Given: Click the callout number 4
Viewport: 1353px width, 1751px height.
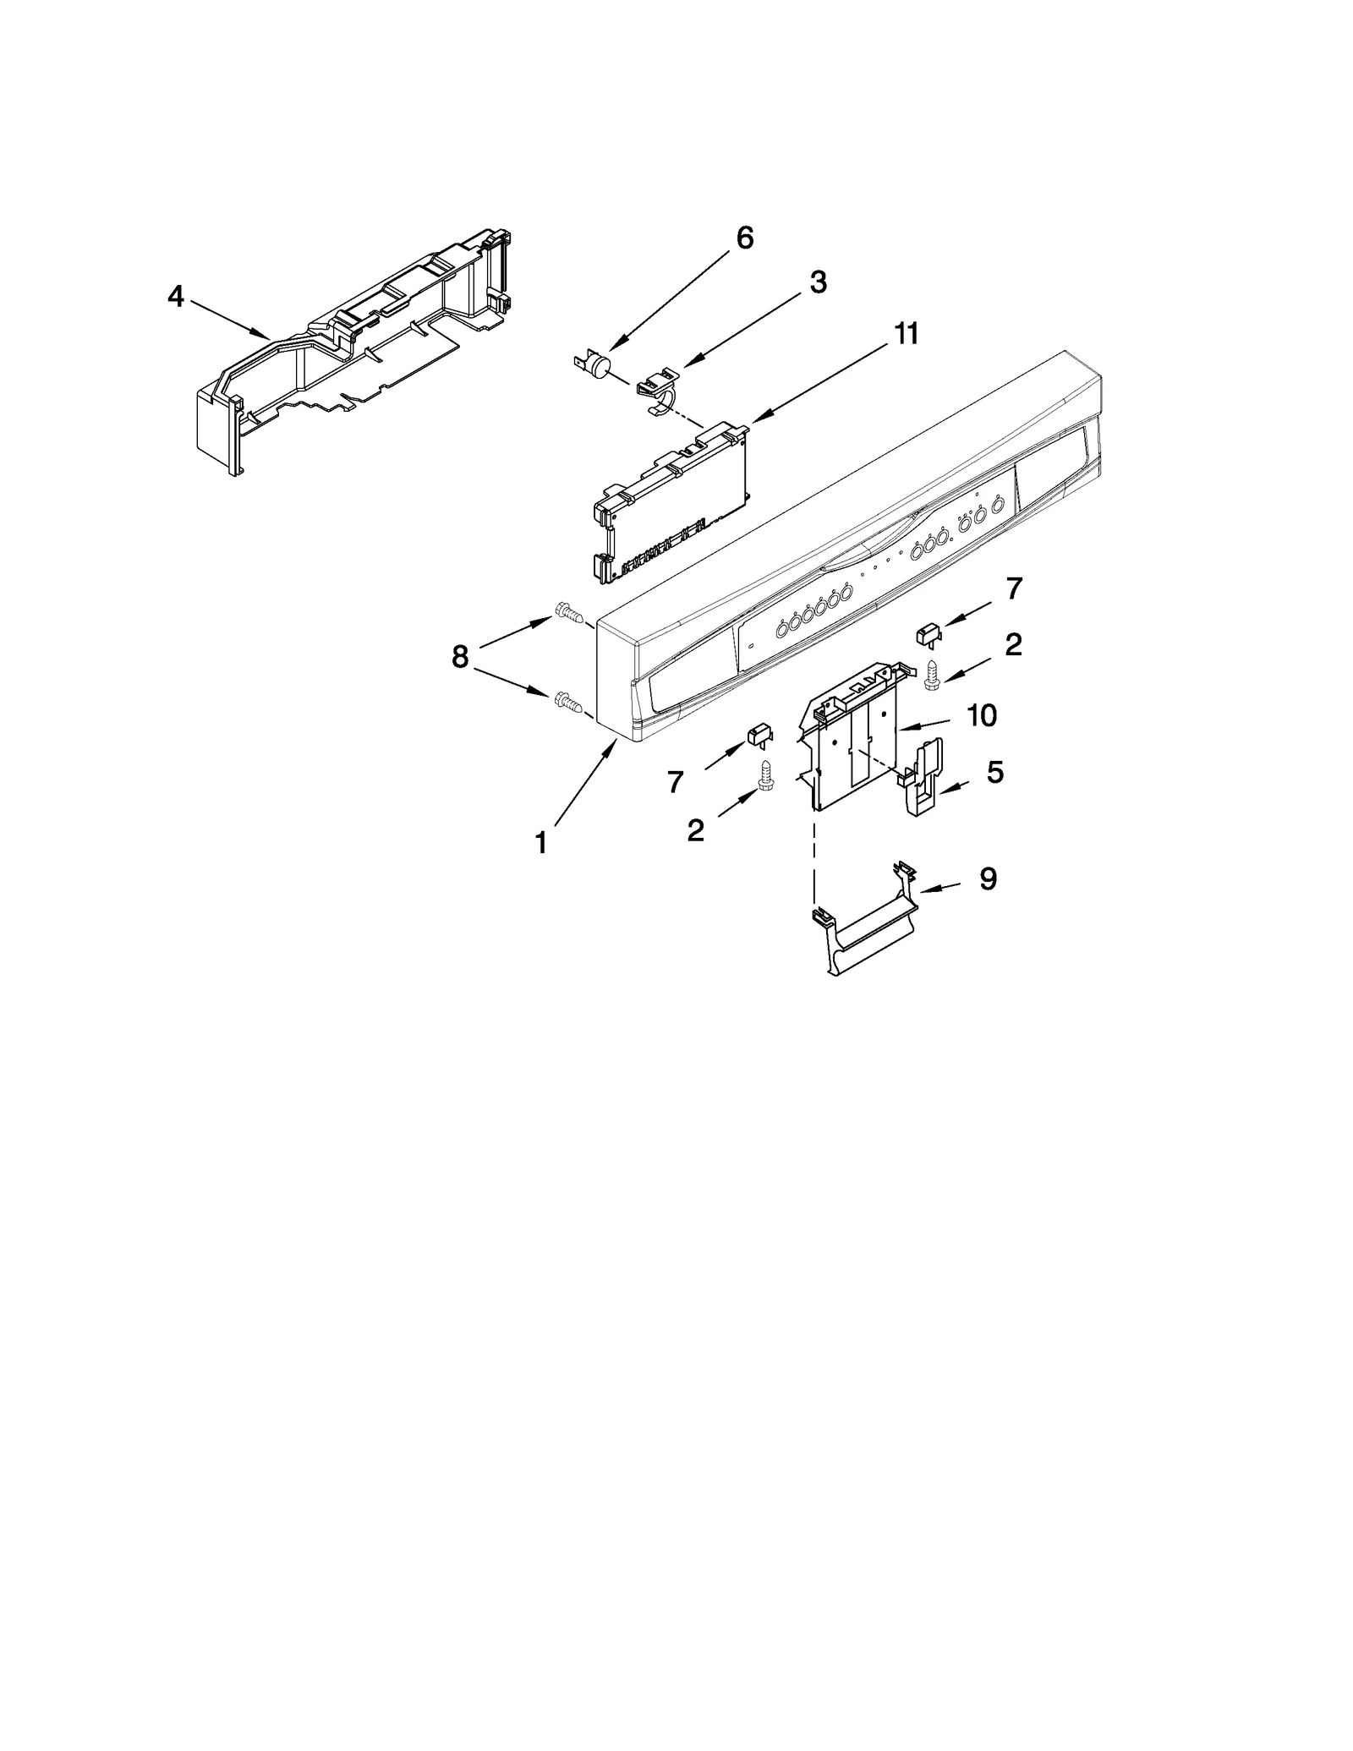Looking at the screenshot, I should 175,297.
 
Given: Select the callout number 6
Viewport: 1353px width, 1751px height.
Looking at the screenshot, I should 744,238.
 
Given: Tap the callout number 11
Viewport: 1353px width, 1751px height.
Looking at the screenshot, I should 906,334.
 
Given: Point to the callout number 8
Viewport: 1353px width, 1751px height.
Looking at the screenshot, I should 459,656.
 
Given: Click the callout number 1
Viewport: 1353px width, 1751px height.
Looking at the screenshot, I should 540,843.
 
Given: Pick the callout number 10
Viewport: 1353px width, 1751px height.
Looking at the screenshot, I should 981,716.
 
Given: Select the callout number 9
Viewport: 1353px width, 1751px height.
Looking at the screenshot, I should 988,879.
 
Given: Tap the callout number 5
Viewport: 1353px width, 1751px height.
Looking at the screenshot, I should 995,772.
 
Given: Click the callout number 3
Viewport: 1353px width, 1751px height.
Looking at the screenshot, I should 817,283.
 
